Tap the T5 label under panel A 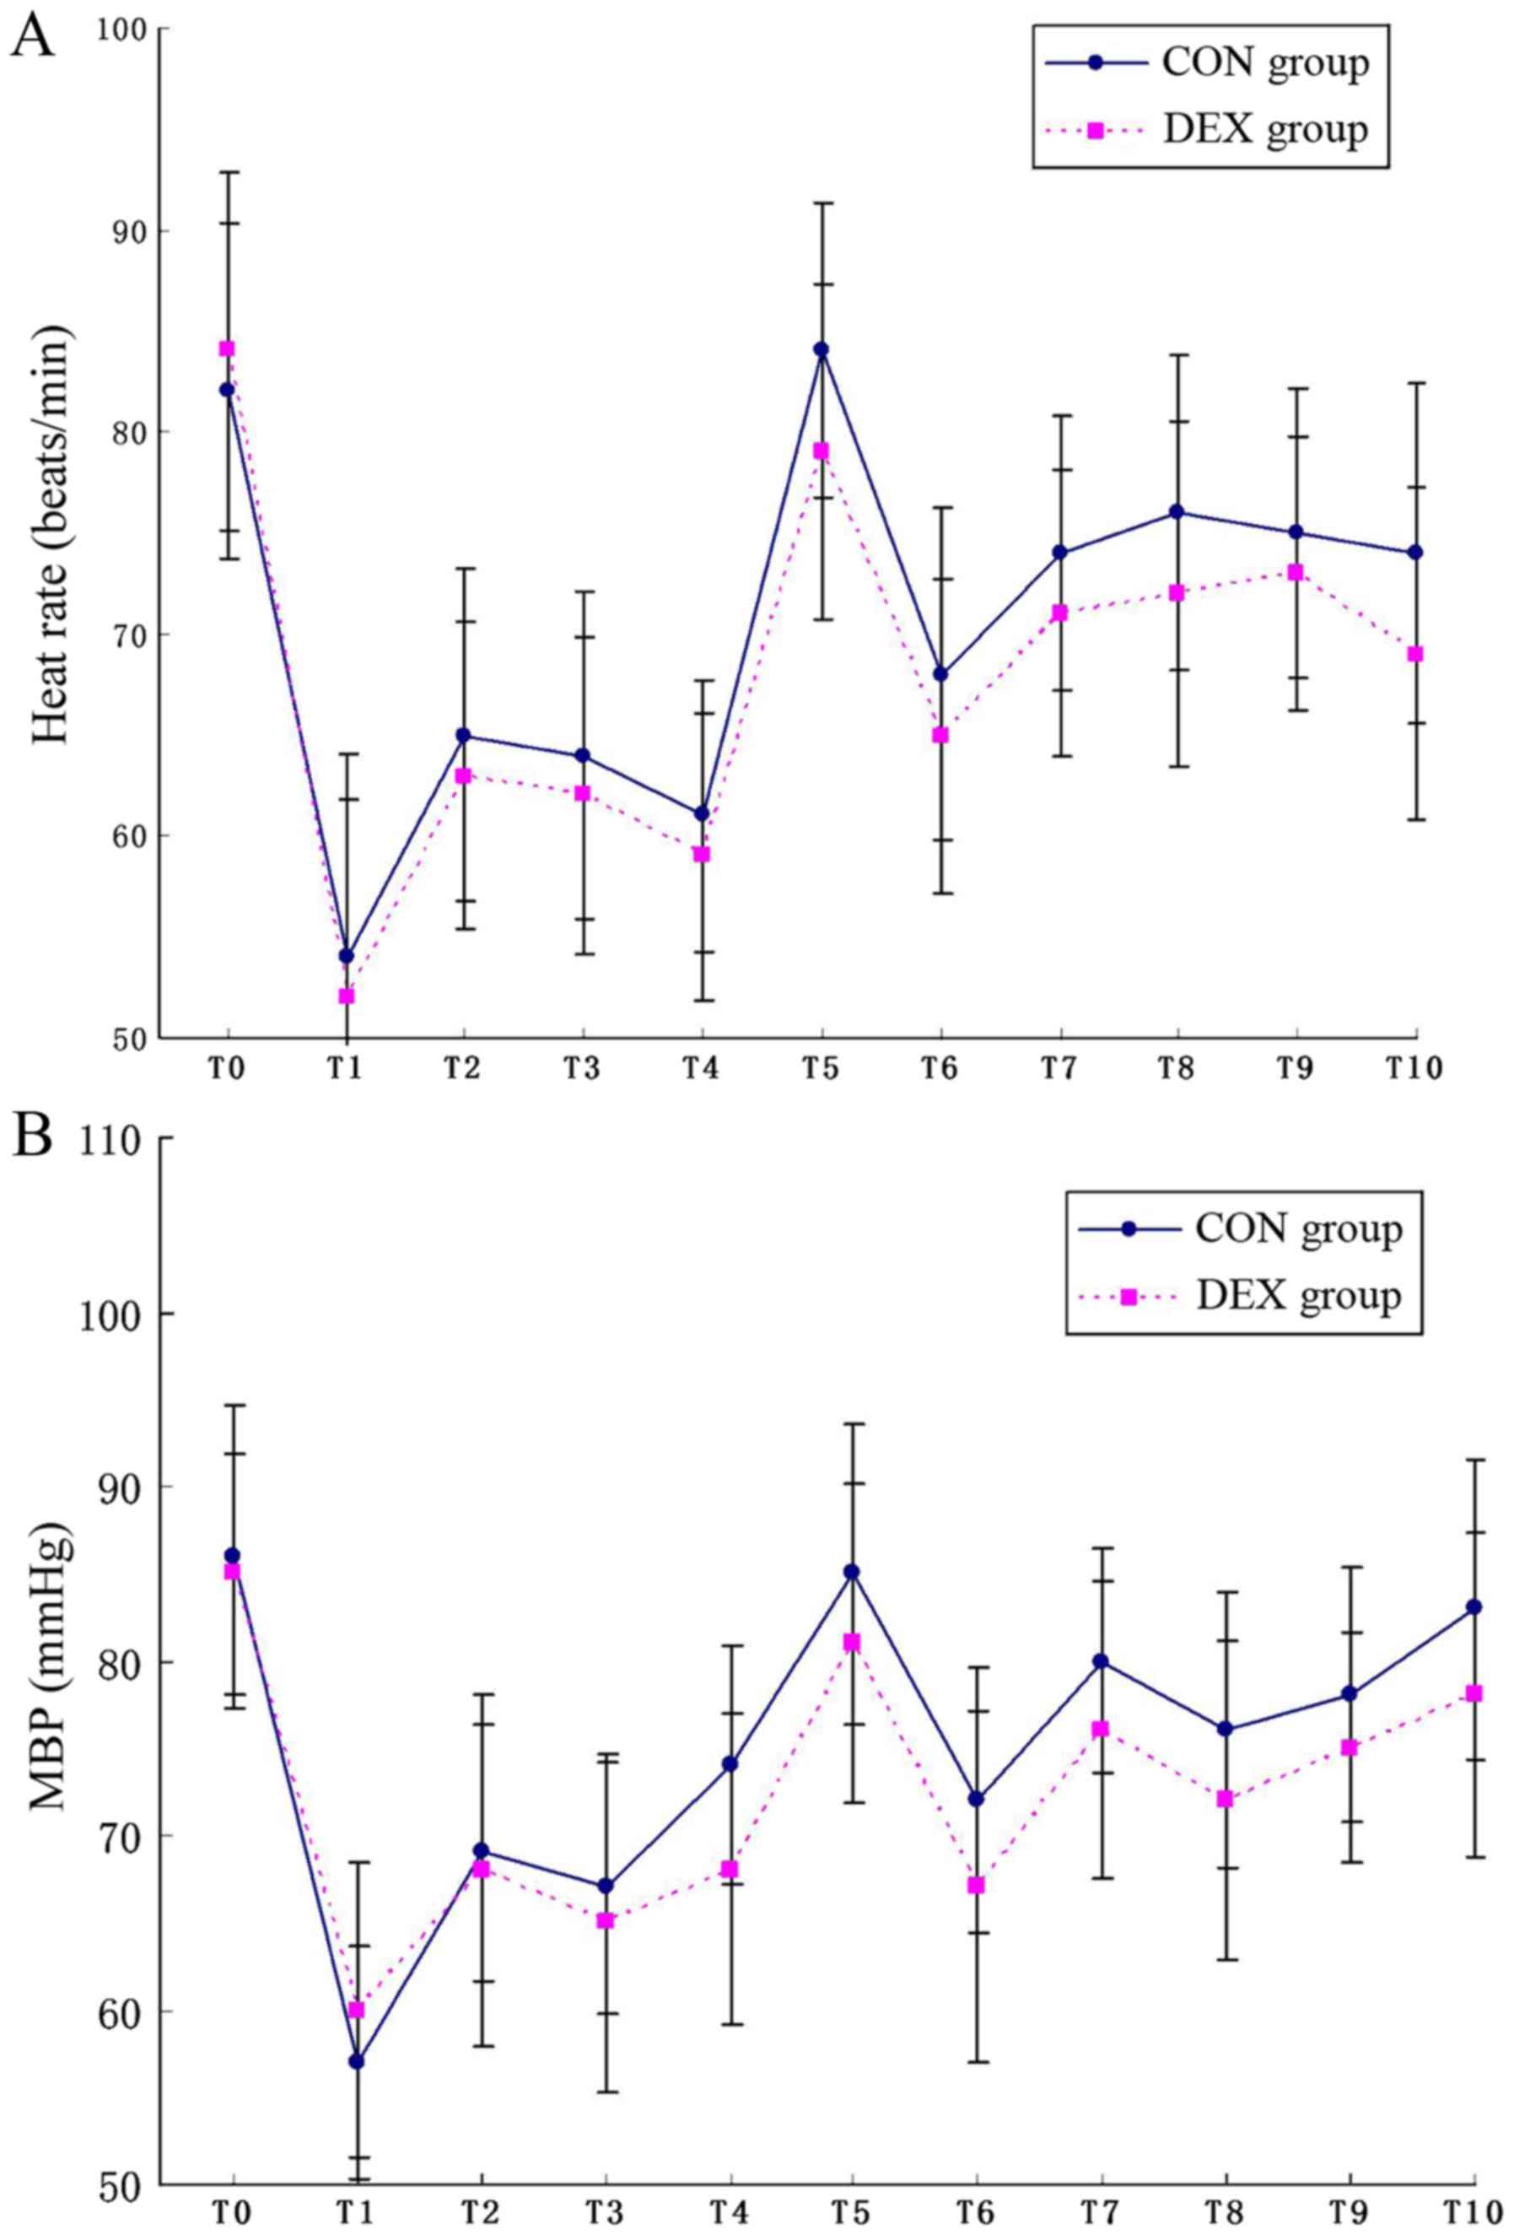[x=820, y=1068]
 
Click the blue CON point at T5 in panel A [x=820, y=349]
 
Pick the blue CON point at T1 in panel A [x=346, y=956]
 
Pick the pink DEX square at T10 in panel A [x=1415, y=654]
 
